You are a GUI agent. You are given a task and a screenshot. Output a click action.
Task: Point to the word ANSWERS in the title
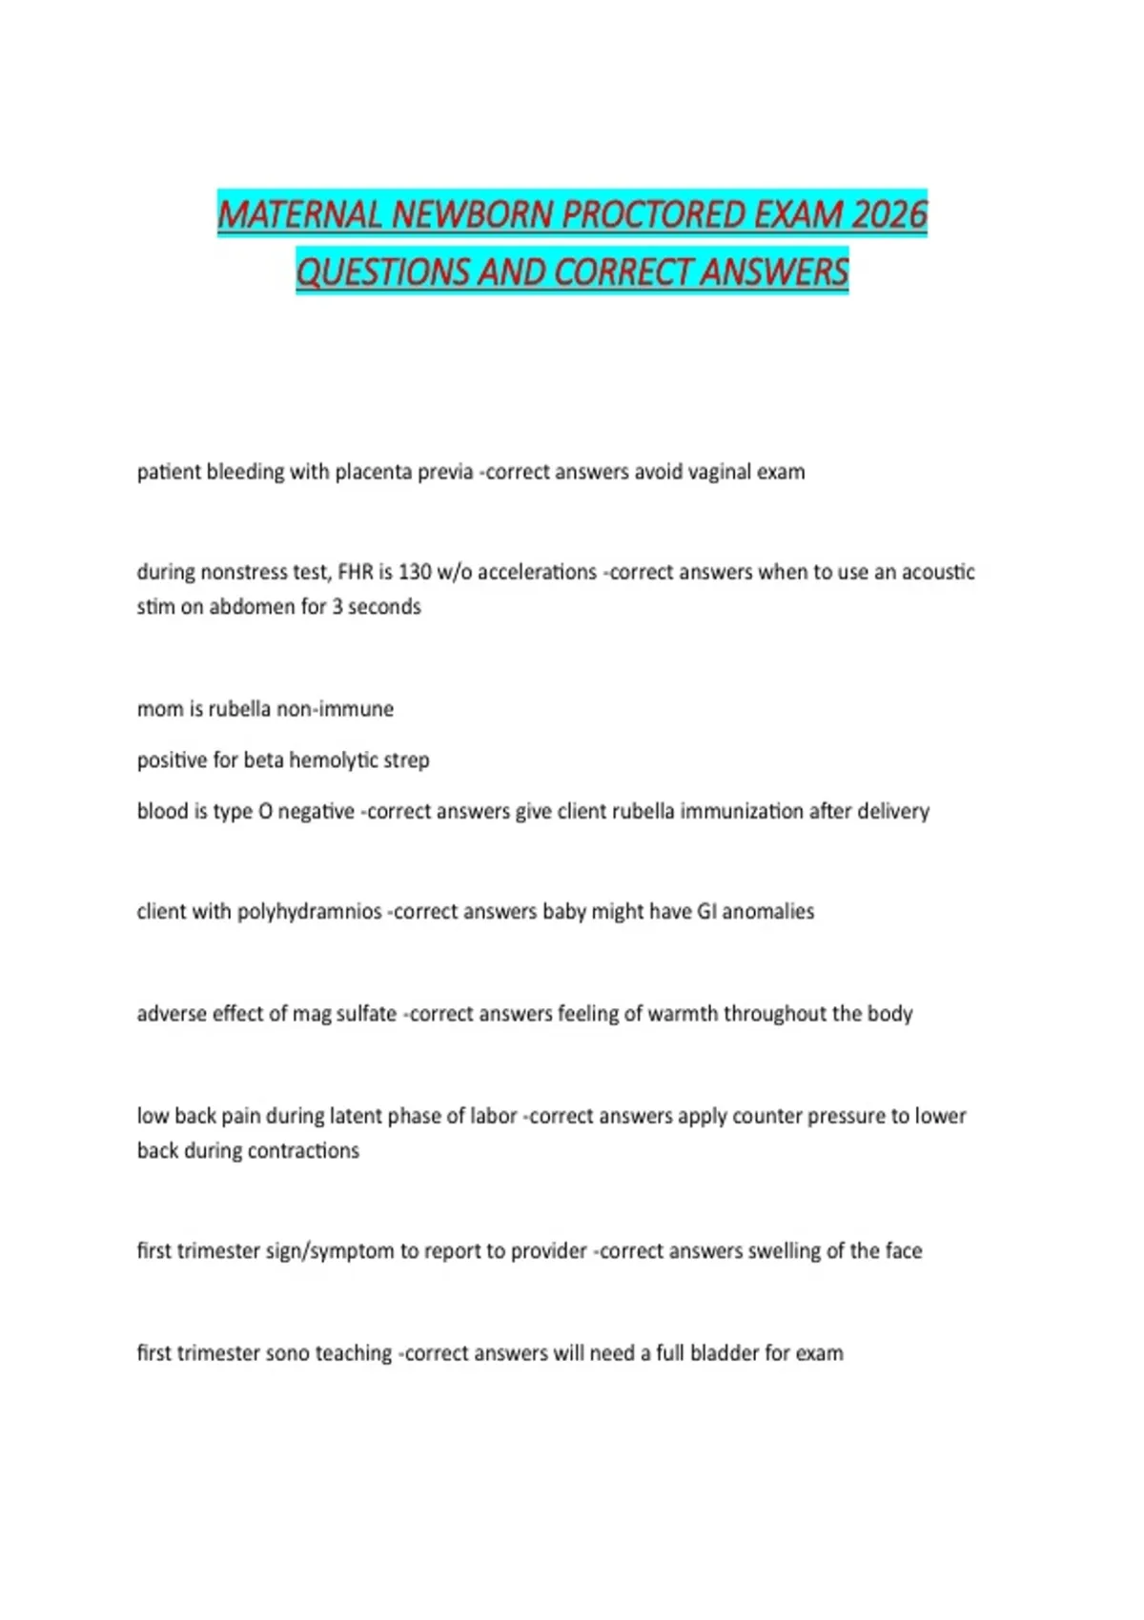(773, 272)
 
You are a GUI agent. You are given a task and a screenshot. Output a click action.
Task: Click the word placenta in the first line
(373, 472)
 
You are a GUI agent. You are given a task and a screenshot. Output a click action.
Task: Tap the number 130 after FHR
(415, 572)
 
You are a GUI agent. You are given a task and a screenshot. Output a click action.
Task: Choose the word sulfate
(366, 1014)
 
